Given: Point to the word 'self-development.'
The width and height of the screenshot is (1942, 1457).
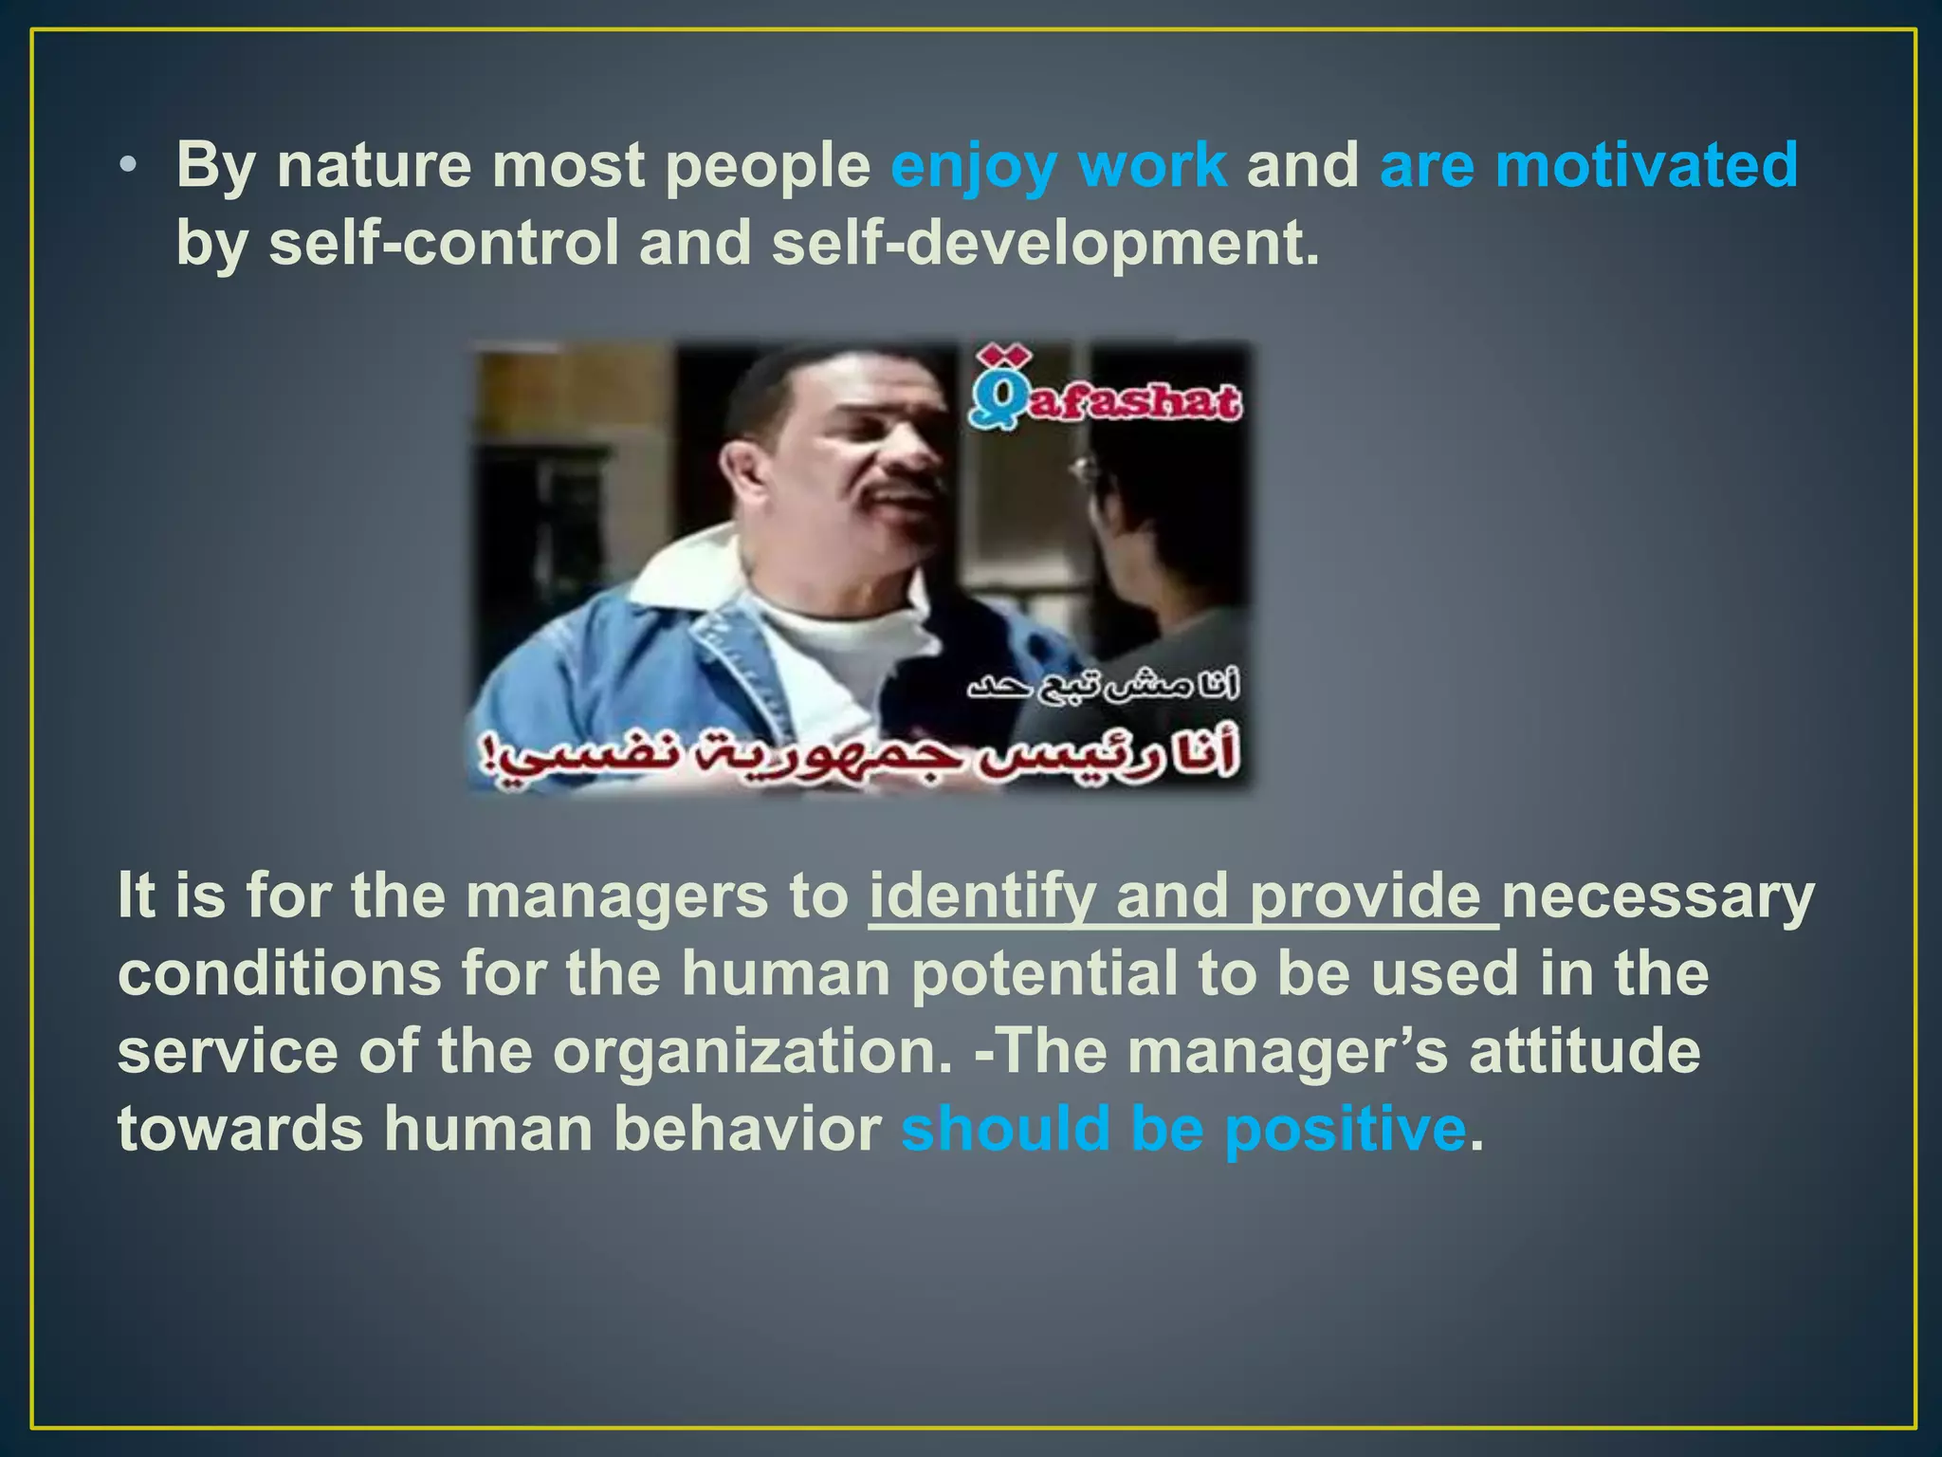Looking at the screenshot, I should click(1045, 243).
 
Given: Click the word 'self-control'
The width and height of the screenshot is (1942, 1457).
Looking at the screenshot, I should click(443, 243).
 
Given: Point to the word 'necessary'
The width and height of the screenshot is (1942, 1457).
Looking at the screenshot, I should click(1658, 897).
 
